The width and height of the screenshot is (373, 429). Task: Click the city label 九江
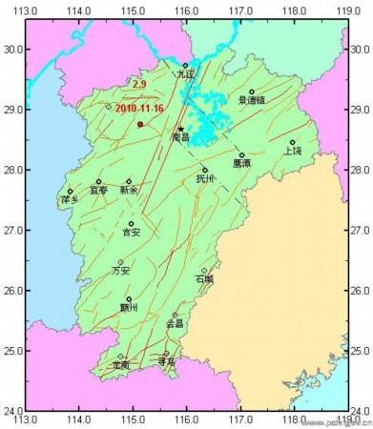[x=186, y=74]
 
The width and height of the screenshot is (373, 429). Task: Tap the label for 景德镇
[x=253, y=99]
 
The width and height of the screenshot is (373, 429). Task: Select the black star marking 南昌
[x=180, y=129]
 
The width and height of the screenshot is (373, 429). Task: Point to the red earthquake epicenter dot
[x=140, y=124]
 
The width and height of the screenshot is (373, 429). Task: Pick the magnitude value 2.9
[x=139, y=86]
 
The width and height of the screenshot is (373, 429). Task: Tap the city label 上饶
[x=292, y=151]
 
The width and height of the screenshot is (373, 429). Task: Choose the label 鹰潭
[x=242, y=163]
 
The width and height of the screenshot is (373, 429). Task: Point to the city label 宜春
[x=99, y=191]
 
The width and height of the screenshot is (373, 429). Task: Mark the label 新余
[x=129, y=191]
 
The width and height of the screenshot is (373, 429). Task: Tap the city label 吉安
[x=132, y=233]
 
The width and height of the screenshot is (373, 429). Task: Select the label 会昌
[x=175, y=324]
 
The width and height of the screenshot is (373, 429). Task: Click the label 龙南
[x=120, y=365]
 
